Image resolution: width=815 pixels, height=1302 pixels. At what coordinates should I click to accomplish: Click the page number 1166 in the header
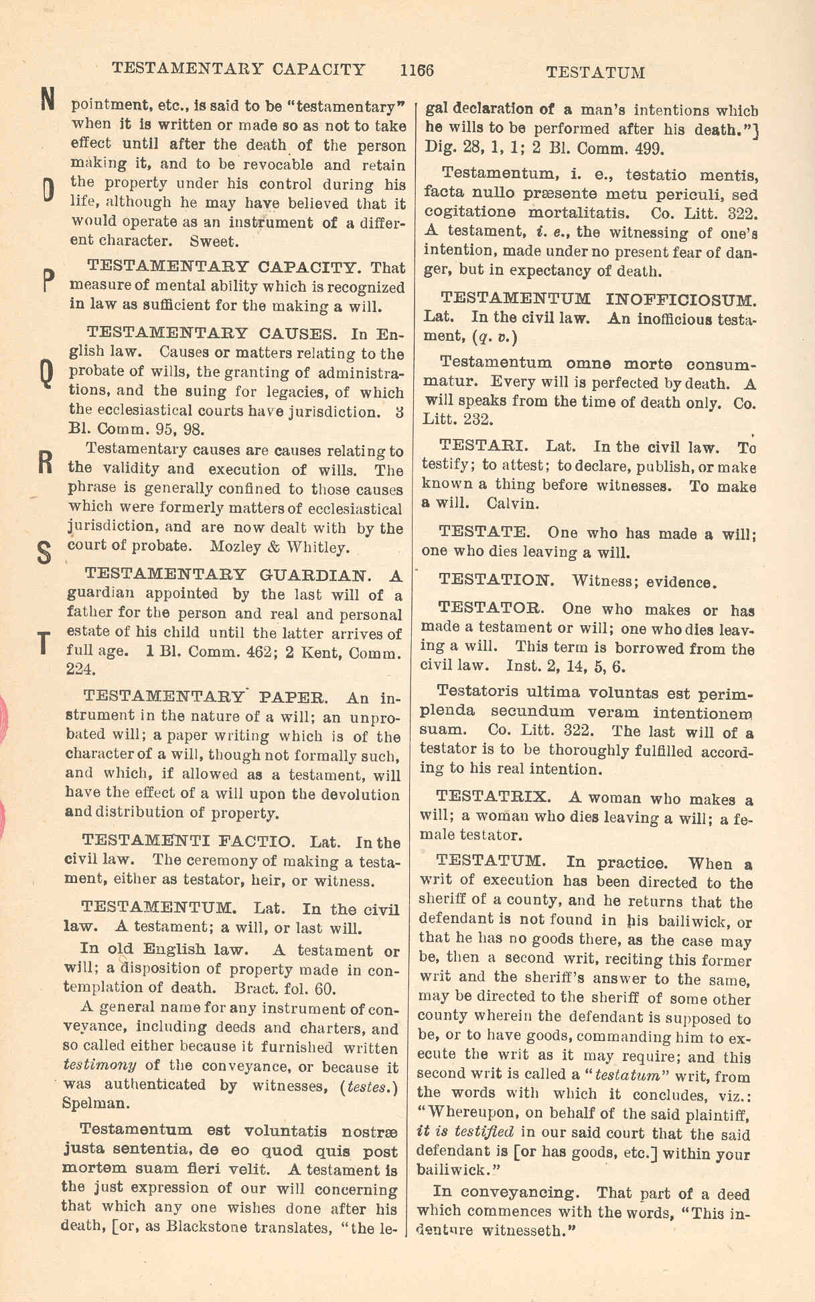coord(417,70)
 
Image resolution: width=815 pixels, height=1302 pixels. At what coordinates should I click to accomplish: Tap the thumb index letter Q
coord(46,373)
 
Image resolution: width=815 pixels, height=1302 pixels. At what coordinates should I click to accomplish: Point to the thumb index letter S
coord(44,552)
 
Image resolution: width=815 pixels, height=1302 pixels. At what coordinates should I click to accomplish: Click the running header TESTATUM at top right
coord(595,72)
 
